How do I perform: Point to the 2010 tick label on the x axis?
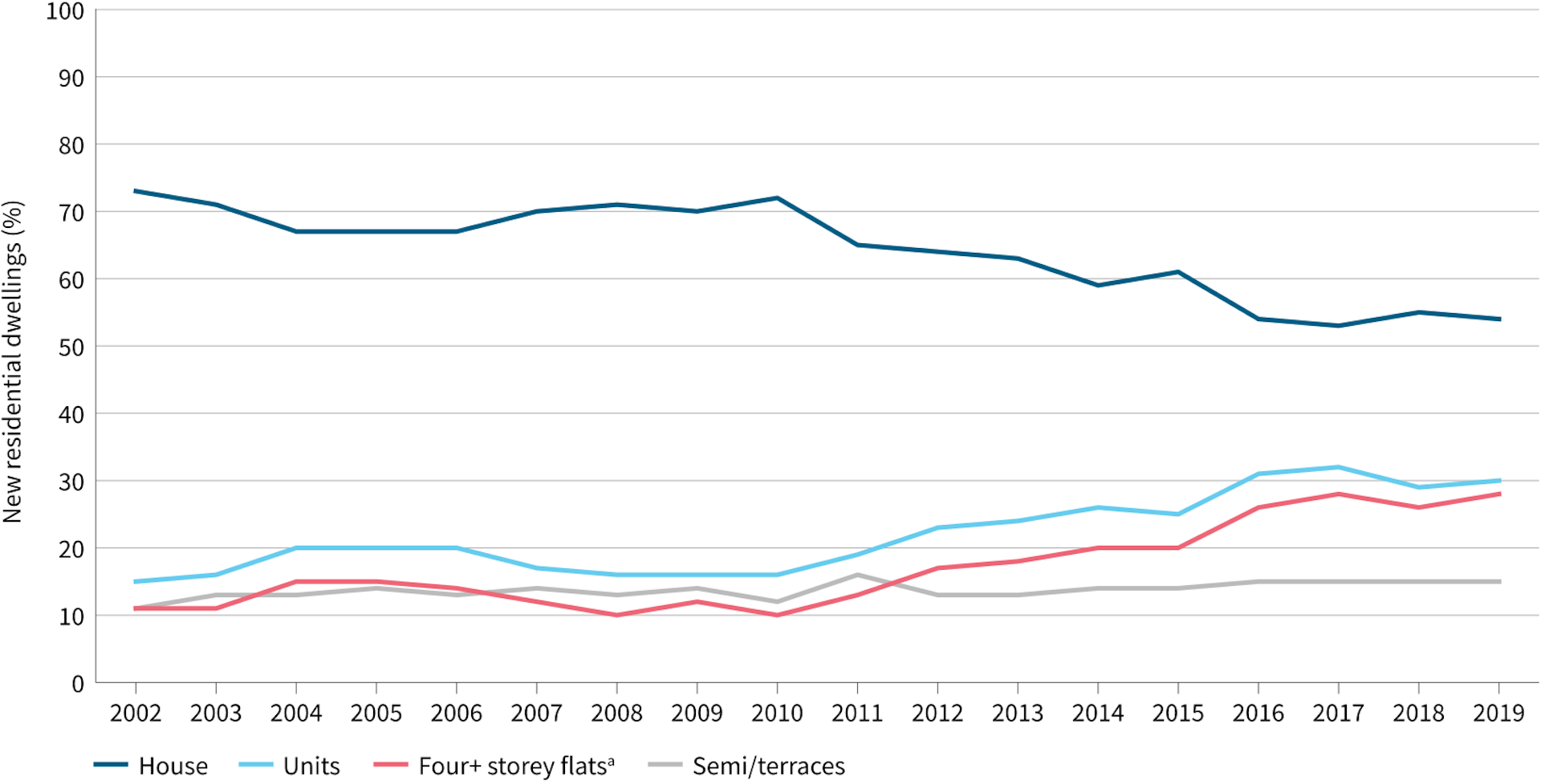pos(777,713)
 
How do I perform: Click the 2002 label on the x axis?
pos(136,713)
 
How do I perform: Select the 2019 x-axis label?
pos(1498,713)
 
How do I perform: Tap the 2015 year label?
pos(1178,713)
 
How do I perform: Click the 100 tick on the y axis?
pos(65,12)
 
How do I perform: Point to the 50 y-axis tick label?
pos(71,348)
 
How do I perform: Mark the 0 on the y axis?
pos(77,684)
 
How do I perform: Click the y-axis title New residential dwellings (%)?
pos(13,361)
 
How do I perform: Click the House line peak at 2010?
pos(777,198)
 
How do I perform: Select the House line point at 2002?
pos(136,191)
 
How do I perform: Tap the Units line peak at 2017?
pos(1338,467)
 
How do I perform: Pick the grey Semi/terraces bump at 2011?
pos(857,575)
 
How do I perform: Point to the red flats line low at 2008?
pos(616,615)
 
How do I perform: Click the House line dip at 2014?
pos(1098,285)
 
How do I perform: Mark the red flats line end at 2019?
pos(1498,494)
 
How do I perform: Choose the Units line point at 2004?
pos(296,548)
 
